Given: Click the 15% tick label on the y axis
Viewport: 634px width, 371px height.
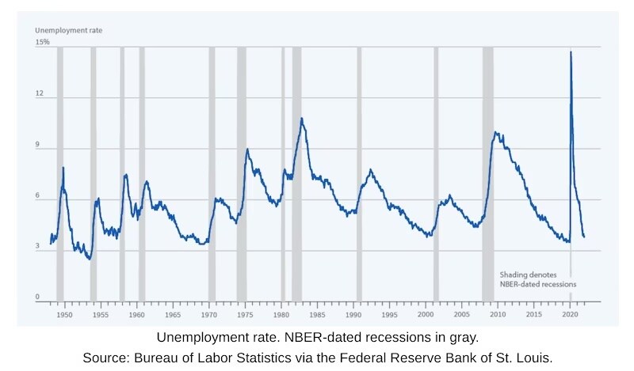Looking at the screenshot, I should click(42, 41).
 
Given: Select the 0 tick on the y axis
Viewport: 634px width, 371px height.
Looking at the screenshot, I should click(38, 297).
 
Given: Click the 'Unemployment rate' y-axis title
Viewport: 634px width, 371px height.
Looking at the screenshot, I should click(68, 30).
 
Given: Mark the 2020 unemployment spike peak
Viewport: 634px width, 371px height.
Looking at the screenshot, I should click(571, 52).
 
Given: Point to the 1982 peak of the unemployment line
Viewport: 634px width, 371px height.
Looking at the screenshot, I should click(302, 119).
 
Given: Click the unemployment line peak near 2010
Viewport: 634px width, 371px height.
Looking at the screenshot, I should click(495, 132).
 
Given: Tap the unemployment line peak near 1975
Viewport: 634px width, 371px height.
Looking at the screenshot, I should click(247, 149).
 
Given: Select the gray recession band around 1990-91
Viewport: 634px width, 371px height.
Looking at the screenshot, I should click(359, 174).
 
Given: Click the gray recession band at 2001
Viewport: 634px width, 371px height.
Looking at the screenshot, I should click(436, 174).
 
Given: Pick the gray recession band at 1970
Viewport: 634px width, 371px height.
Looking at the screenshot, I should click(212, 174).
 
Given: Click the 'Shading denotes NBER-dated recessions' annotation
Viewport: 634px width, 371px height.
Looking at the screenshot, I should click(537, 278).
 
